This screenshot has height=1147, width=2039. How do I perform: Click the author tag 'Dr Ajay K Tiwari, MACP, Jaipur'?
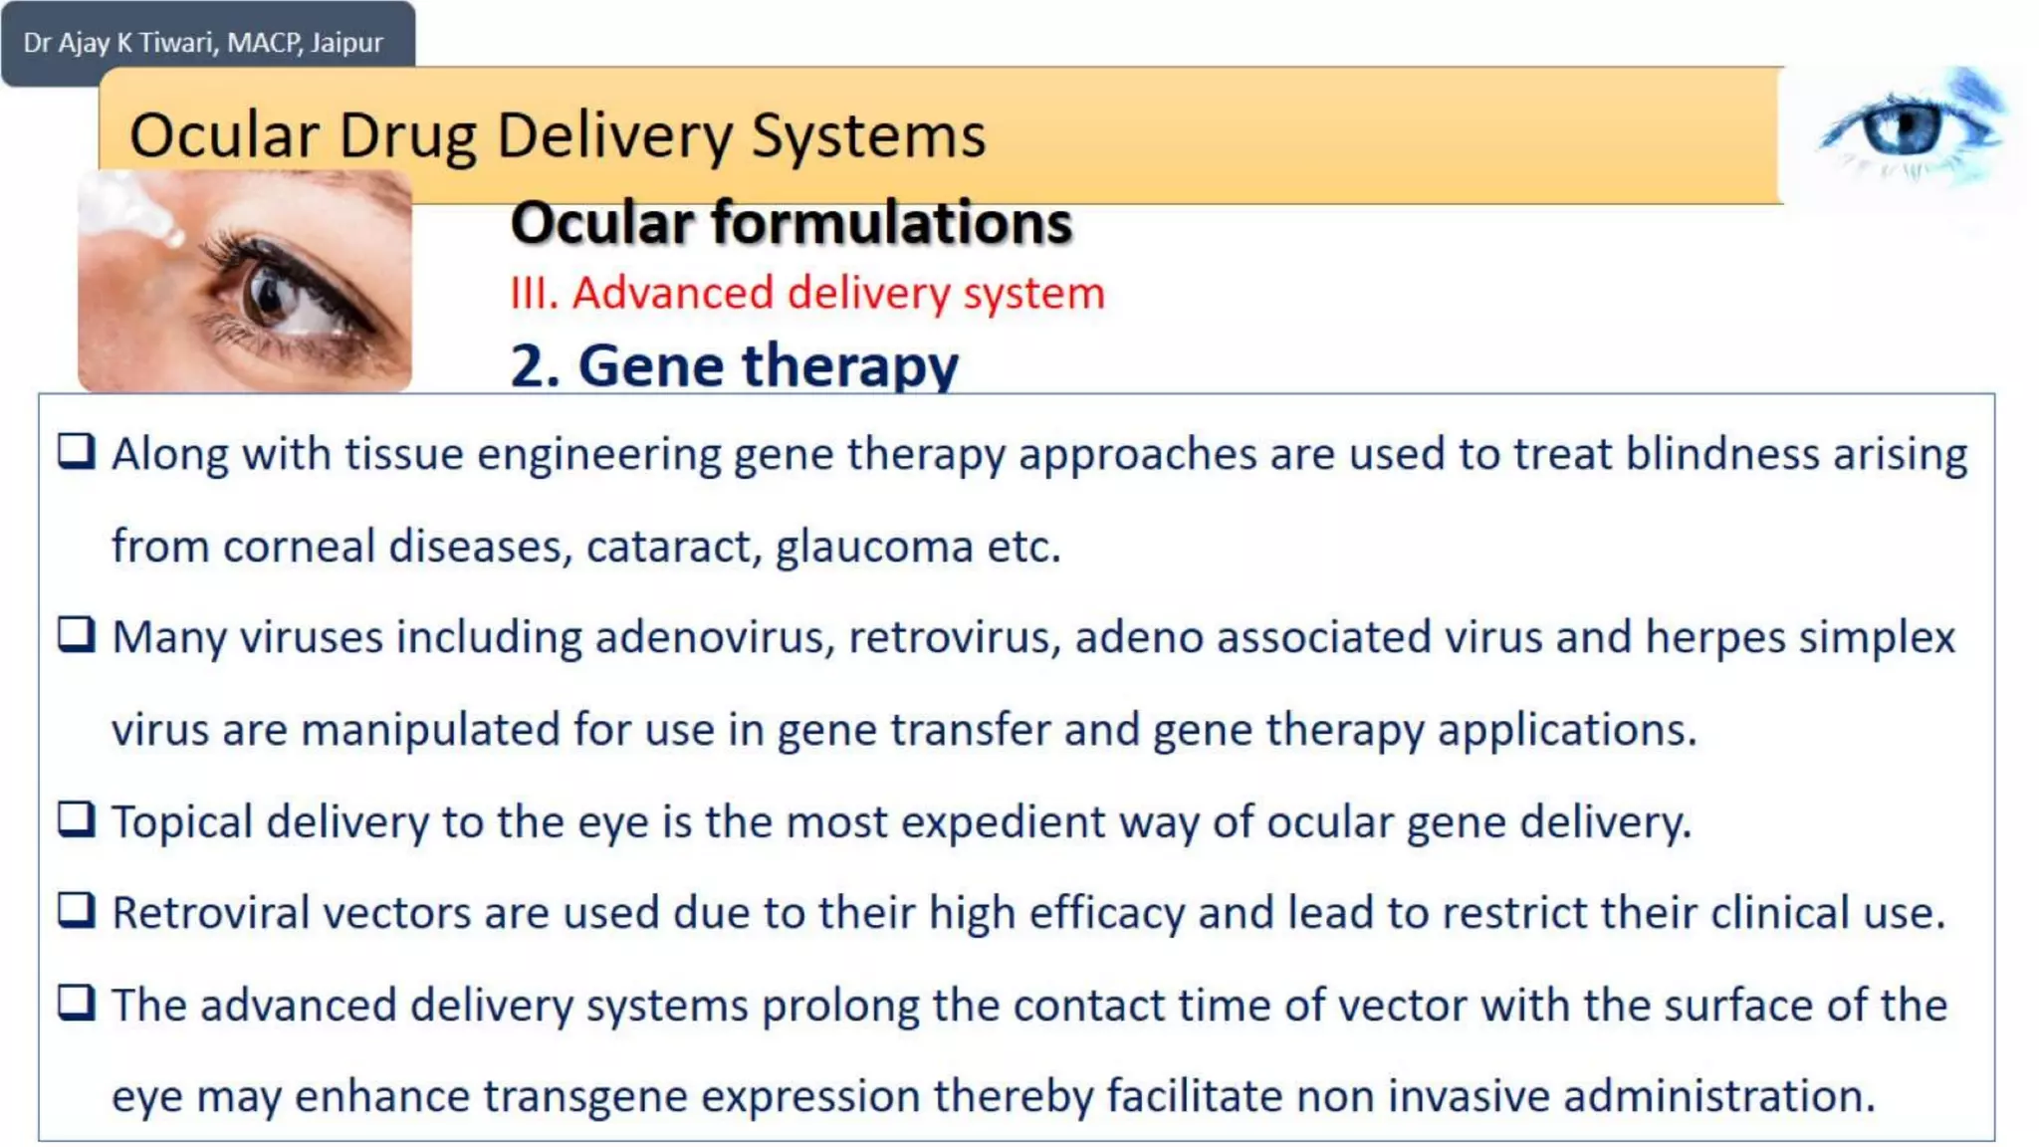tap(203, 43)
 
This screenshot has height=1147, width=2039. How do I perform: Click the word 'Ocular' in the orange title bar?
tap(225, 135)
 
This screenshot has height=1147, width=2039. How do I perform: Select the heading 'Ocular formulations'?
tap(792, 222)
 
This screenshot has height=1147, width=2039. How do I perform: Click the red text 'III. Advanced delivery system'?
tap(807, 293)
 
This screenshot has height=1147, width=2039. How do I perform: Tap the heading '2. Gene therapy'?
tap(734, 364)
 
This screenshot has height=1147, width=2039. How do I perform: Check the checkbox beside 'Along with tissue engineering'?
tap(77, 451)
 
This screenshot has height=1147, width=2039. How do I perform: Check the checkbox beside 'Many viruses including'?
tap(77, 634)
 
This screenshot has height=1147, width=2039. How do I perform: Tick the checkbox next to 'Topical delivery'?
tap(77, 819)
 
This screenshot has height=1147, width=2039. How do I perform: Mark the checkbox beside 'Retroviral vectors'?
tap(77, 910)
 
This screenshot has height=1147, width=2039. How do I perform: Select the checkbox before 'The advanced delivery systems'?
tap(77, 1002)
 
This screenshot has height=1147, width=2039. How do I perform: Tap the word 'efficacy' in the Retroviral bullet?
tap(1106, 913)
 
